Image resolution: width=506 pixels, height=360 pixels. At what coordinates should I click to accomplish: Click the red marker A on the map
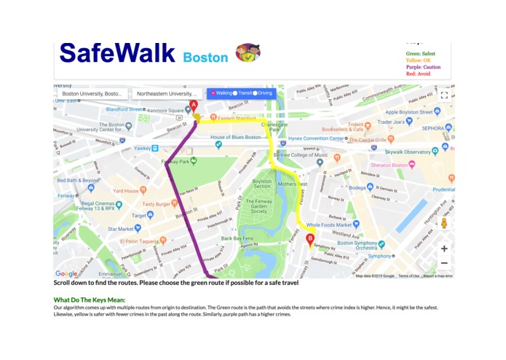[193, 106]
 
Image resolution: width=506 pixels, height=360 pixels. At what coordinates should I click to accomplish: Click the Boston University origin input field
[92, 94]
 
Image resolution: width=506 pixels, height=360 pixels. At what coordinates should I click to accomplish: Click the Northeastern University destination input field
[167, 94]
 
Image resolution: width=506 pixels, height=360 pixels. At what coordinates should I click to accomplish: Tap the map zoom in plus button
[444, 249]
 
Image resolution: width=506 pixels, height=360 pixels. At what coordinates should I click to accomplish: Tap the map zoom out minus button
[444, 263]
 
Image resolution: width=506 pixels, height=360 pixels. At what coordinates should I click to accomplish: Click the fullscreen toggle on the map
[444, 95]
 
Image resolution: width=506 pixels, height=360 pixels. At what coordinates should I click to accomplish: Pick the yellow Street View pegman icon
[444, 222]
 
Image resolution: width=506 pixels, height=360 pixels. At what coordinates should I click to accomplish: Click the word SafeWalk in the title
[117, 53]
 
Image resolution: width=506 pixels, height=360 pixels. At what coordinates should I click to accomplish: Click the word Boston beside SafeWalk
[205, 57]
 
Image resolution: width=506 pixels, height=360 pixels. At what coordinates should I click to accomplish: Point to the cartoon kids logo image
[248, 52]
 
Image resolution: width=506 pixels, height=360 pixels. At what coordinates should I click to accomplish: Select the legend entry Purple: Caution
[423, 67]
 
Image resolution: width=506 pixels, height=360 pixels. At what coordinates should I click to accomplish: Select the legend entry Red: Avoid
[419, 74]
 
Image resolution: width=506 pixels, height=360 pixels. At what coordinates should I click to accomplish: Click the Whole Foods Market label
[334, 225]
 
